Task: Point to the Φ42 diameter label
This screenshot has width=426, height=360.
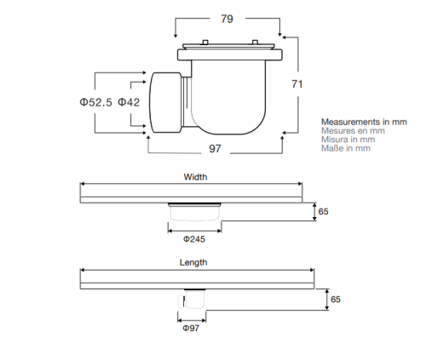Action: click(x=129, y=102)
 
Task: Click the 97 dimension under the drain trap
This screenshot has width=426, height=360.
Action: click(x=216, y=150)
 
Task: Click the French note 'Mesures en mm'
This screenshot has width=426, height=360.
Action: click(x=353, y=132)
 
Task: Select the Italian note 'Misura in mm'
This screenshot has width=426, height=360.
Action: click(x=349, y=140)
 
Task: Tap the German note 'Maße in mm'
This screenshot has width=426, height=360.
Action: click(x=346, y=149)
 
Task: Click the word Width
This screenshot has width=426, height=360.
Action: click(x=195, y=178)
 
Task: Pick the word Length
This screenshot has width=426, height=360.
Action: click(x=194, y=263)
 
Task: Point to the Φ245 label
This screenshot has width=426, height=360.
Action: click(x=195, y=239)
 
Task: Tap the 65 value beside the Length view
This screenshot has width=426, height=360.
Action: click(x=336, y=300)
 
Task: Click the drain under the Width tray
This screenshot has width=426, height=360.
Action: click(x=195, y=214)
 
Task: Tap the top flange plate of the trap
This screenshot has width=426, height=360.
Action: click(x=231, y=55)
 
